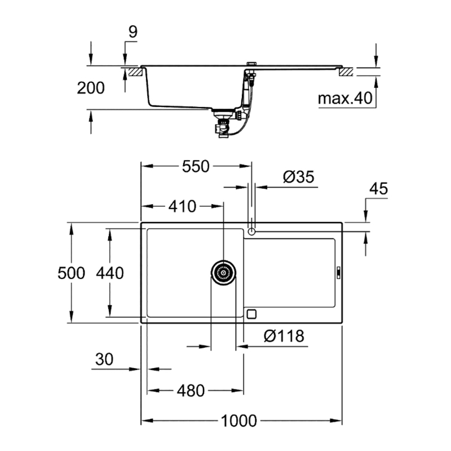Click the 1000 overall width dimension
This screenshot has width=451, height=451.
tap(238, 421)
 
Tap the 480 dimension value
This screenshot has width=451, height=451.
tap(191, 391)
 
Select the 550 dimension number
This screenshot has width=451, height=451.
tap(196, 166)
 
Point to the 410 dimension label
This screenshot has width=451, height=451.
tap(182, 206)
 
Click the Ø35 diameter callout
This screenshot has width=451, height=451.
tap(299, 176)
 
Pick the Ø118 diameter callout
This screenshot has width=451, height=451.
tap(284, 335)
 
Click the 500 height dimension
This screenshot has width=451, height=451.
tap(72, 273)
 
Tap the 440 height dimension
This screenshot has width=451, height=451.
tap(110, 273)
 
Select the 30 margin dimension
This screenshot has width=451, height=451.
tap(104, 359)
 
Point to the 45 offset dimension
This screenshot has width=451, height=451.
tap(378, 189)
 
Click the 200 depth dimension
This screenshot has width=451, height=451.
tap(91, 88)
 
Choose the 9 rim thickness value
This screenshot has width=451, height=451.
tap(132, 32)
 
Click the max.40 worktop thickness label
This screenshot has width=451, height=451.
tap(345, 98)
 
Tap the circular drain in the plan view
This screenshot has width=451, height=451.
tap(223, 272)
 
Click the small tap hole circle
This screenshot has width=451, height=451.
tap(251, 231)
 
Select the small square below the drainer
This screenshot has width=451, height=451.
tap(251, 314)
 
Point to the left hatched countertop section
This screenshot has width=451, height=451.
tap(135, 72)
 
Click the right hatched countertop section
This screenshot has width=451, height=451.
tap(346, 72)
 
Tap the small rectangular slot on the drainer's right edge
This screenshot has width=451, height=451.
tap(339, 272)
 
